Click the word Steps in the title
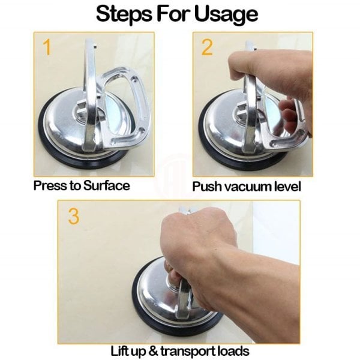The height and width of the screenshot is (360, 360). (x=124, y=14)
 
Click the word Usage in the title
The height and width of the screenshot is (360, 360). (x=226, y=14)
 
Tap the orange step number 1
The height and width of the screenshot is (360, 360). (x=47, y=47)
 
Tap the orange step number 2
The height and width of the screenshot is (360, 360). (x=207, y=47)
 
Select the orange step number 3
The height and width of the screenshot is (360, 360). (x=74, y=216)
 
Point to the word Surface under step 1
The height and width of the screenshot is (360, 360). (x=107, y=185)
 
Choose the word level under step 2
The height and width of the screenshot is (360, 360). (x=287, y=187)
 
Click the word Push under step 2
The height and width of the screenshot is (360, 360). (x=207, y=187)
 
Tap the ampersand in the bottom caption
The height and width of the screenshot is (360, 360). (x=153, y=351)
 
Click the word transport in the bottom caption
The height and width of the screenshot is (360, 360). (x=187, y=352)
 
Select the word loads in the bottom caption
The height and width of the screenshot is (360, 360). (x=233, y=351)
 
